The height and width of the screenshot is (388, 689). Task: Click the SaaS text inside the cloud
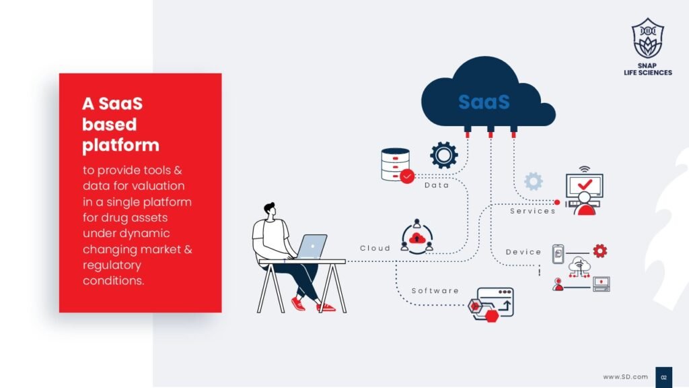tap(484, 102)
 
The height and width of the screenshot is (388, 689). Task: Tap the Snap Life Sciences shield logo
tap(648, 38)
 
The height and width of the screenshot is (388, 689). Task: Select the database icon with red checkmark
tap(397, 166)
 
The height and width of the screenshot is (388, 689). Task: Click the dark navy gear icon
tap(444, 155)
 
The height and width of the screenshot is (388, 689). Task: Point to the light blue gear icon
tap(534, 181)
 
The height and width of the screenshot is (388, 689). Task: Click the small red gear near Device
tap(600, 251)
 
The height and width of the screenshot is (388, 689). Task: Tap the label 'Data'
tap(437, 185)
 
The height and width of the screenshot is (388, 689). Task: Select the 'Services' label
tap(533, 211)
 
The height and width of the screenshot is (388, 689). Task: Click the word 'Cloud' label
tap(375, 248)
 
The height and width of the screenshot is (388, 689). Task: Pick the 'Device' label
tap(523, 252)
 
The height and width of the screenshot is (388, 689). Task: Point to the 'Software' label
tap(435, 291)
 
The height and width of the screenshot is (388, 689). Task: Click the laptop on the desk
tap(311, 247)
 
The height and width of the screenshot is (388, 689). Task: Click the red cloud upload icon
tap(416, 238)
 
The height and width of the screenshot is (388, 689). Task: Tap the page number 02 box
tap(663, 377)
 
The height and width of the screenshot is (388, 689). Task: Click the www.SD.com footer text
tap(625, 377)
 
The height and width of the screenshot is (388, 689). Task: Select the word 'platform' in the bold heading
tap(121, 145)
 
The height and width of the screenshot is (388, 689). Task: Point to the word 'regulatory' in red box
tap(112, 265)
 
